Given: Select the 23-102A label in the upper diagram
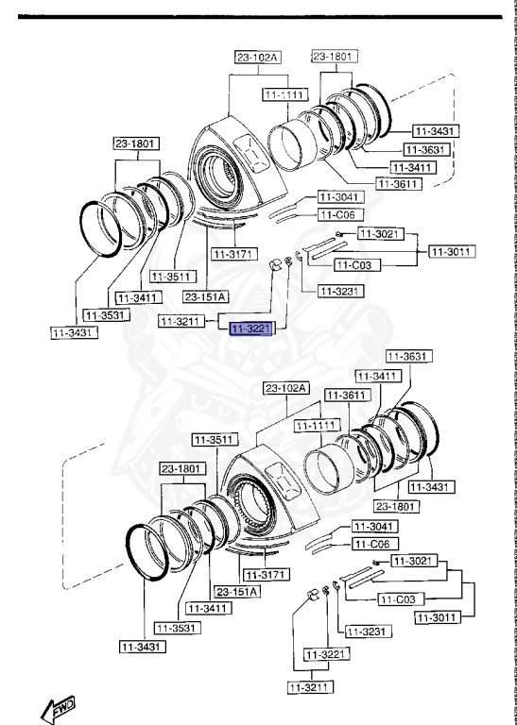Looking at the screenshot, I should tap(258, 58).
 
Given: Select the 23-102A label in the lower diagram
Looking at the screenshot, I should tap(287, 387).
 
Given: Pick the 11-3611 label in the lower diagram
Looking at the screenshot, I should tap(345, 395).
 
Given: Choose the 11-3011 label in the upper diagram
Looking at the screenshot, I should tap(451, 251).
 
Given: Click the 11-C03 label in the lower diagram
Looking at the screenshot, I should tap(401, 599).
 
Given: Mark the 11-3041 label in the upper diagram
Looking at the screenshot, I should tap(337, 198).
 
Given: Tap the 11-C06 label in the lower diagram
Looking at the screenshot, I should tap(371, 545).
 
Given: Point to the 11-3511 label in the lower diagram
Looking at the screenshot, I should tap(212, 439).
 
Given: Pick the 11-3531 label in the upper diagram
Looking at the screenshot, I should tap(104, 314).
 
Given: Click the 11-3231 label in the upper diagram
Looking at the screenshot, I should tap(340, 291).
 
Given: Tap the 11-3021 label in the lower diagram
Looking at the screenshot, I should tap(410, 561).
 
